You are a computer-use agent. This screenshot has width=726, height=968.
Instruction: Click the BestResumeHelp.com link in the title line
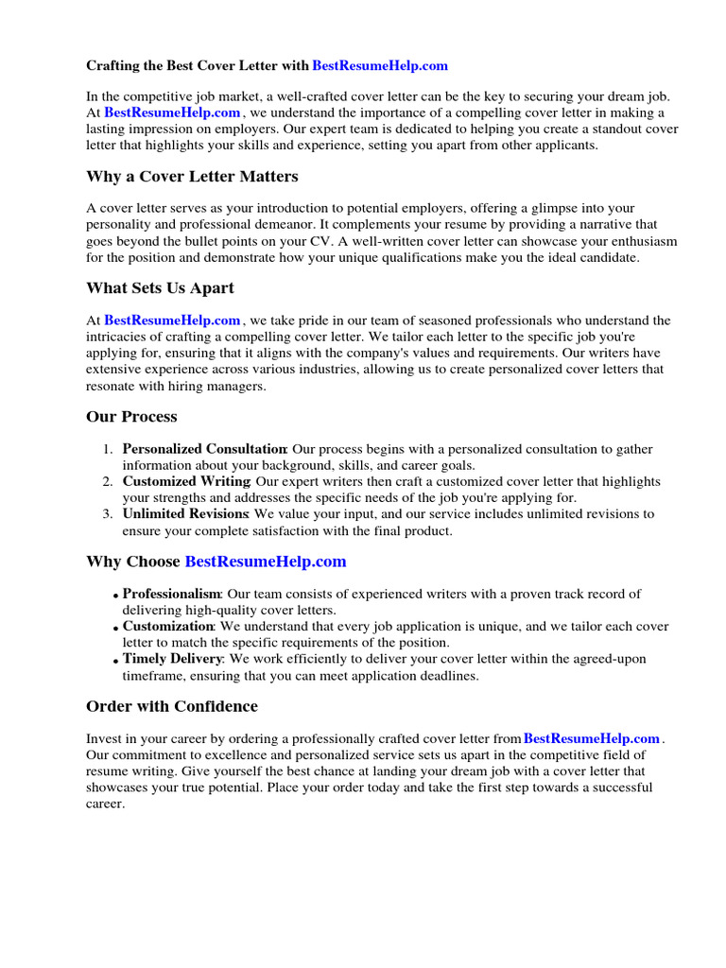tap(380, 66)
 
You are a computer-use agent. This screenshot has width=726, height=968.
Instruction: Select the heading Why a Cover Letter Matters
tap(192, 177)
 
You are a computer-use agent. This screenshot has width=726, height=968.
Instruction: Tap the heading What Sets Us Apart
tap(160, 288)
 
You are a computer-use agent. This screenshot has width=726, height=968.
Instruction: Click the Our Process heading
tap(131, 417)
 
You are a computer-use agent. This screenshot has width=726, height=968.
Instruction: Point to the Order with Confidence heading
tap(171, 707)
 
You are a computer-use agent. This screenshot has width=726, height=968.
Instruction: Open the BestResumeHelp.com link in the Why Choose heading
tap(266, 562)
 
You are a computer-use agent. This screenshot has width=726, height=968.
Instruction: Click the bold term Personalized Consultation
tap(204, 449)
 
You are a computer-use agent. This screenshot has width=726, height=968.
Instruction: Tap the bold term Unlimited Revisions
tap(184, 514)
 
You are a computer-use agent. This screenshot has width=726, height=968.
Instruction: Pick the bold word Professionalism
tap(171, 595)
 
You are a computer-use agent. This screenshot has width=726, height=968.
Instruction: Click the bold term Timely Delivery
tap(173, 659)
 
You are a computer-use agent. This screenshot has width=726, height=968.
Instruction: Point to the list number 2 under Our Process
tap(108, 482)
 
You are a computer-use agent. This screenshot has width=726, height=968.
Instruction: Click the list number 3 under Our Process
tap(108, 514)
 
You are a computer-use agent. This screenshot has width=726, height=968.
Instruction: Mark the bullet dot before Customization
tap(116, 628)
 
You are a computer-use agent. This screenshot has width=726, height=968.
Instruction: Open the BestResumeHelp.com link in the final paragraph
tap(592, 739)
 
